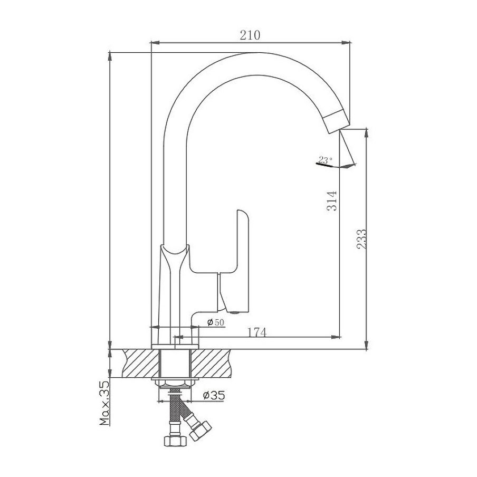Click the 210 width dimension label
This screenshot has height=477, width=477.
coord(250,35)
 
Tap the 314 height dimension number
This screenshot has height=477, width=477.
coord(332,201)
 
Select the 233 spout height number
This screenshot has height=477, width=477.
coord(361,239)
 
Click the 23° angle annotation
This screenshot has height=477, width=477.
coord(325,160)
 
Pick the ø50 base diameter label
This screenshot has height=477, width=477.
coord(216,322)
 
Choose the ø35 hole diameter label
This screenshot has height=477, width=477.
coord(214,395)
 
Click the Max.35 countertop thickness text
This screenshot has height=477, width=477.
coord(104,403)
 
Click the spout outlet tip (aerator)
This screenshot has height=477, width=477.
coord(336,120)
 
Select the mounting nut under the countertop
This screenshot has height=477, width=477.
coord(175,383)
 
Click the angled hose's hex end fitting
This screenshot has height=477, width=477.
coord(200,431)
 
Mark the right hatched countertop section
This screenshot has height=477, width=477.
coord(210,364)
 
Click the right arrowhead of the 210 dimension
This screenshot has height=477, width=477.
coord(346,43)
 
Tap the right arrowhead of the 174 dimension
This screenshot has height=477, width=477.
coord(336,337)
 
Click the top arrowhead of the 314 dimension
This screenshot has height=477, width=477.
coord(110,57)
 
